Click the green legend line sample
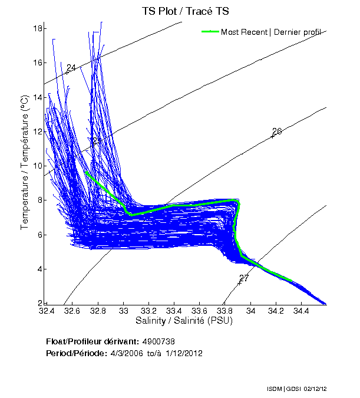[210, 32]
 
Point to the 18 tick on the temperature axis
[37, 28]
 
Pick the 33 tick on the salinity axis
[123, 310]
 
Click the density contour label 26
[276, 131]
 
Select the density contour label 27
[244, 278]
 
